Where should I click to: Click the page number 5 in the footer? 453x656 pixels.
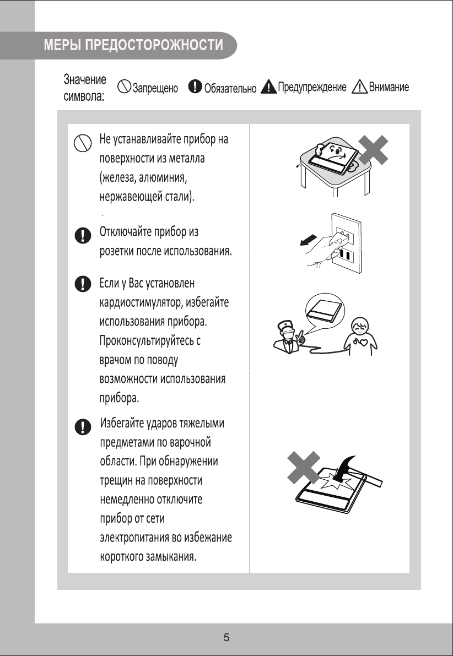(x=226, y=638)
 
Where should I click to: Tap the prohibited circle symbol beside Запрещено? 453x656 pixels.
(x=123, y=87)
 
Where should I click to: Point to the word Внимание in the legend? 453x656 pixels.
(x=389, y=87)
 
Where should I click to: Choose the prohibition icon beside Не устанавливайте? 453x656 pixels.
(x=82, y=144)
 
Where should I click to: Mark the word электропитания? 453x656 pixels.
(x=135, y=537)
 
